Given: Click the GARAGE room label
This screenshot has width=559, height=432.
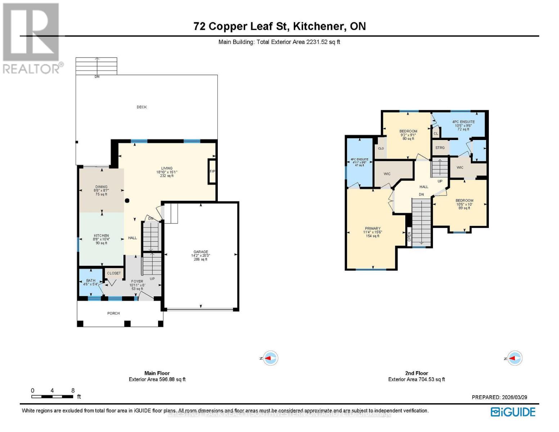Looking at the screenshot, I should (201, 252).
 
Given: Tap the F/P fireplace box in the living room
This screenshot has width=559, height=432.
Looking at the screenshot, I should (212, 171).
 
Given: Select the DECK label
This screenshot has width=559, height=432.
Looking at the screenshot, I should (142, 107).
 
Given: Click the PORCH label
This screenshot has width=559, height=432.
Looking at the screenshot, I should (113, 313).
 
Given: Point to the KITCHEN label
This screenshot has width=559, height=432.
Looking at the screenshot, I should (101, 236).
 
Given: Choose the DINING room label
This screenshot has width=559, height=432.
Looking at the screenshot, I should (102, 187).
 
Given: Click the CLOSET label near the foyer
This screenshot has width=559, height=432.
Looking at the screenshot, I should (114, 273).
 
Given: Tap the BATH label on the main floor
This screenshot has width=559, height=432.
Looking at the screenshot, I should (91, 280).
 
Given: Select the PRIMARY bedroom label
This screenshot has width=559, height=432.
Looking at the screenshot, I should (373, 229).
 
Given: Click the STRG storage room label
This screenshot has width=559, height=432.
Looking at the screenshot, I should (440, 148).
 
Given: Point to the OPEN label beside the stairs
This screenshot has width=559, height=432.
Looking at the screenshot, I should (409, 236).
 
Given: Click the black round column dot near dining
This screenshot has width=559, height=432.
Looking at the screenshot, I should (127, 201).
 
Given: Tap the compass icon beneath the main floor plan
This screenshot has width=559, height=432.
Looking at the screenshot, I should (271, 358).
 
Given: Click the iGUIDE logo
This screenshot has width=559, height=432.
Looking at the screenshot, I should (513, 412).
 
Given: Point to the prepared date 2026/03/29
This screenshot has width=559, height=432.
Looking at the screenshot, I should (514, 397).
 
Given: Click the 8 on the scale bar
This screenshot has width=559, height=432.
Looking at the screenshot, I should (73, 391).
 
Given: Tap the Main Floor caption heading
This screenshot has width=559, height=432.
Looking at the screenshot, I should (157, 373).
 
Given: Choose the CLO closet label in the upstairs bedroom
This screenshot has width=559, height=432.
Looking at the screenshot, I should (381, 148).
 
